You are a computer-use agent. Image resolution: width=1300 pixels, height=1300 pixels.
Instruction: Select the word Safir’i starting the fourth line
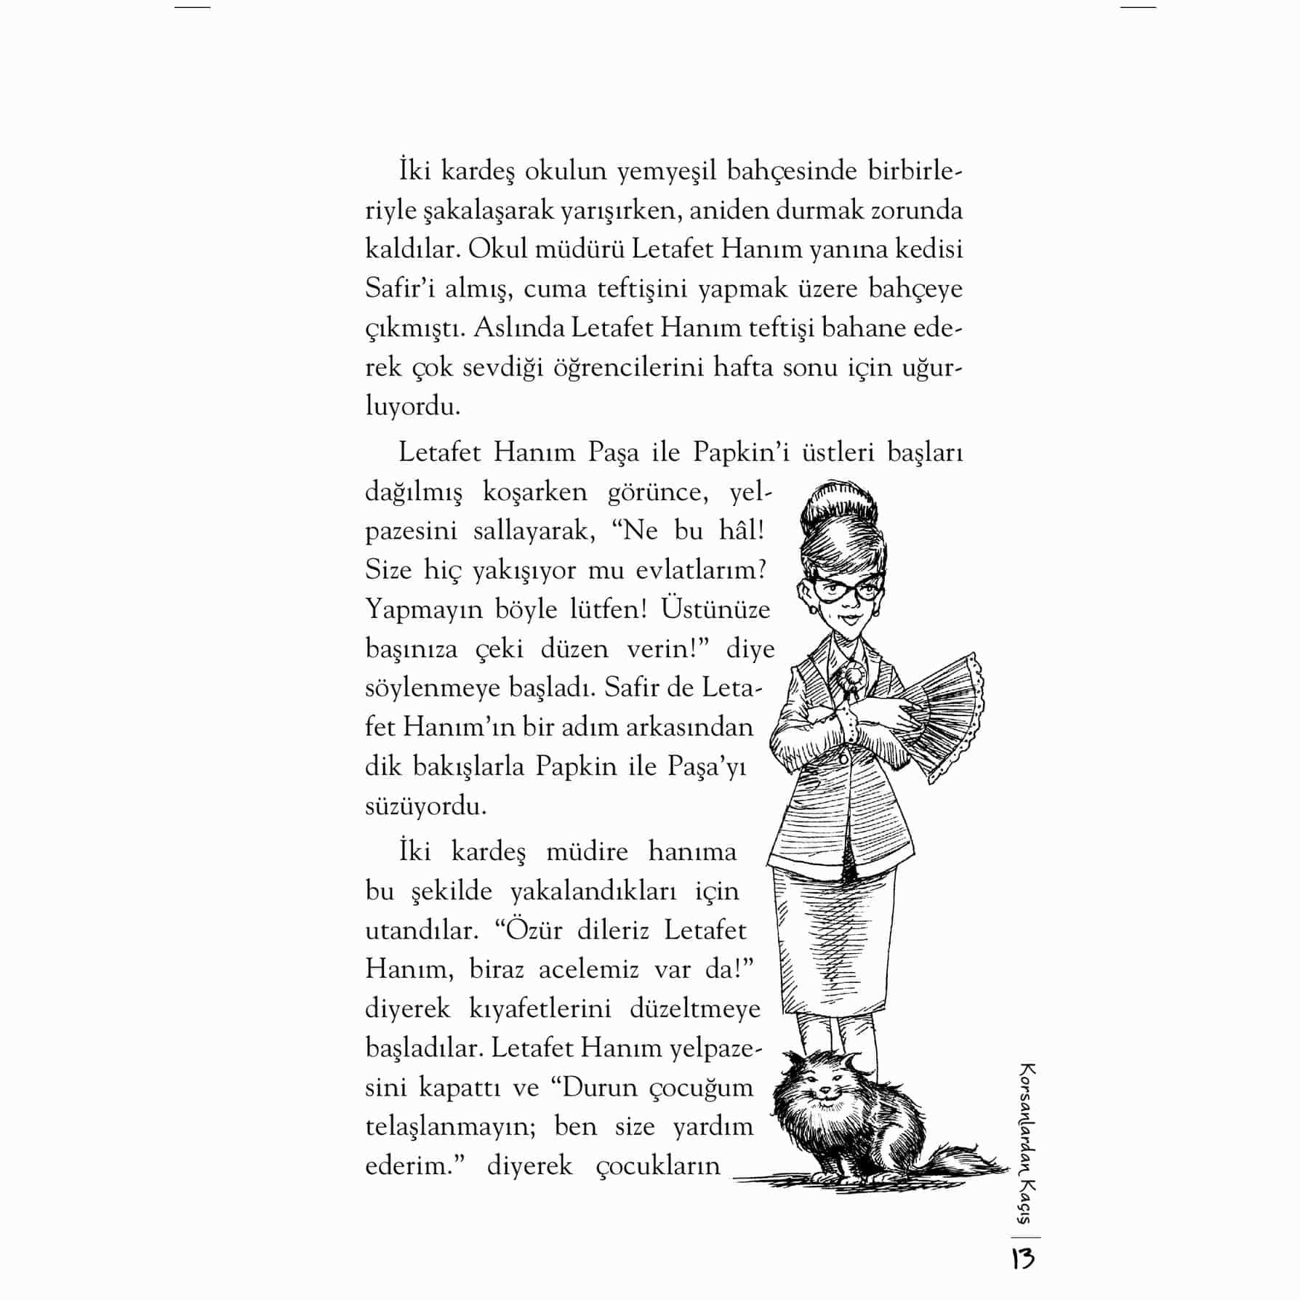(403, 289)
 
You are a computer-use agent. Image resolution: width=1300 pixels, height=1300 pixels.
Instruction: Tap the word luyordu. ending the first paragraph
(412, 406)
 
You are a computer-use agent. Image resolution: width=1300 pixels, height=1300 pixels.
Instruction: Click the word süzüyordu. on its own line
(425, 806)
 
